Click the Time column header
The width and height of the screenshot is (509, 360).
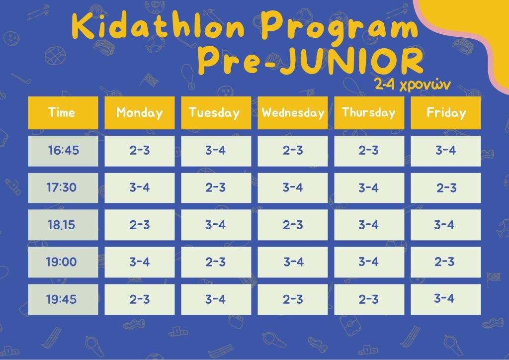63,113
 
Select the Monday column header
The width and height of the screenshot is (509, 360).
140,113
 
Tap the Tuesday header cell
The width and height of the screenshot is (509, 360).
216,113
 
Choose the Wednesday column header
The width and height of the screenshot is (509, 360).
292,113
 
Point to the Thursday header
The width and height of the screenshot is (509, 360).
369,113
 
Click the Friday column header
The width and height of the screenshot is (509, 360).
446,113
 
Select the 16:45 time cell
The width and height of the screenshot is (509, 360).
63,151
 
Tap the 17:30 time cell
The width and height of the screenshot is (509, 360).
63,188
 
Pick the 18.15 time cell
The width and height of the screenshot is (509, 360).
63,225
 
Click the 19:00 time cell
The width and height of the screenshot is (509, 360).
63,262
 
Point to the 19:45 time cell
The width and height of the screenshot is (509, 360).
63,299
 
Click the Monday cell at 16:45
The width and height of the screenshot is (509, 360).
140,151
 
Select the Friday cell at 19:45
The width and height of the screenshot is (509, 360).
446,299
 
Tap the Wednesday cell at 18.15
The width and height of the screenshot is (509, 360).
292,225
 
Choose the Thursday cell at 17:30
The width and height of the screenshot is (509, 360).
369,188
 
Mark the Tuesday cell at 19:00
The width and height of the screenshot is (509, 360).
216,262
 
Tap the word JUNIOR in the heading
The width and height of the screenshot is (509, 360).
350,61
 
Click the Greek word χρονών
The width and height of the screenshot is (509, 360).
425,85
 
